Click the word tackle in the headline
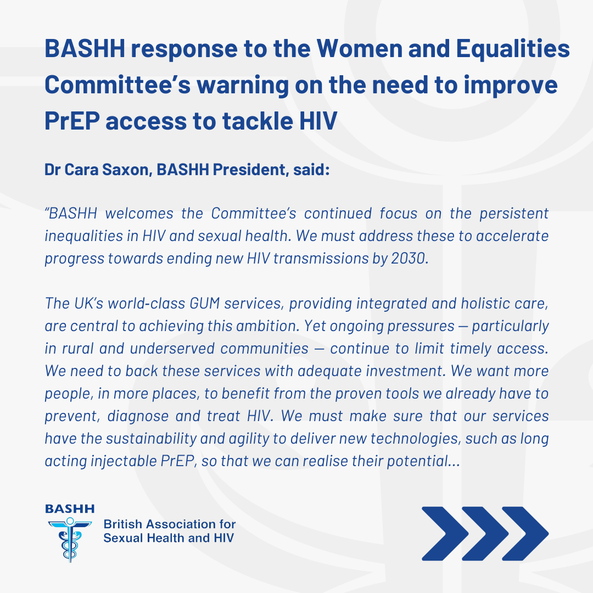[x=258, y=121]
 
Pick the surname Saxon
[x=127, y=170]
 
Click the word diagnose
[x=138, y=417]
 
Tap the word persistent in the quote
[x=514, y=214]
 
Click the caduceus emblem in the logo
[x=70, y=539]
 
